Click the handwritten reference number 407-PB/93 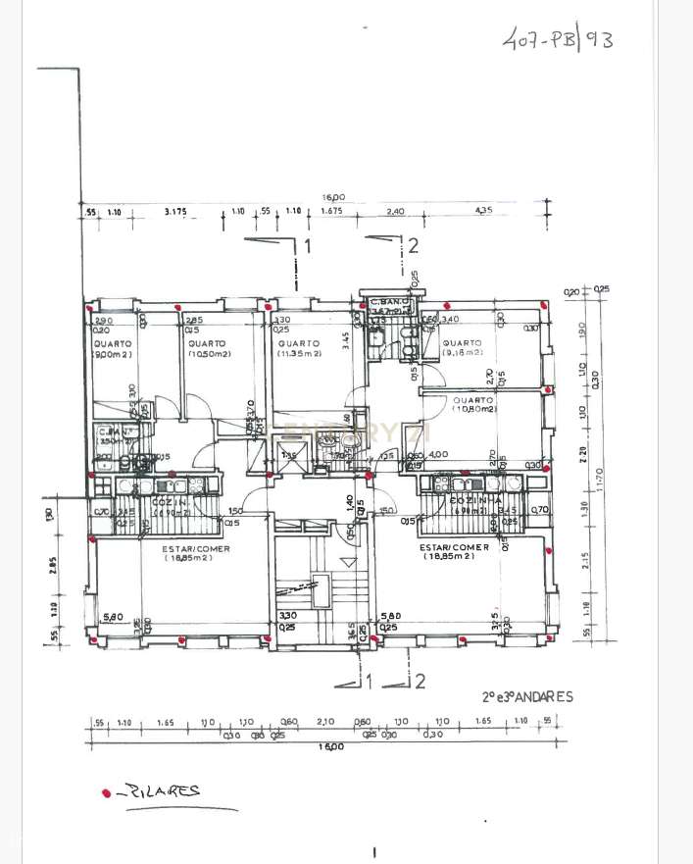click(x=557, y=41)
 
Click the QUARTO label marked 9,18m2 click(x=463, y=347)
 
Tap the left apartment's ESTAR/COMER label click(x=196, y=554)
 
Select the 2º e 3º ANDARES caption click(x=527, y=697)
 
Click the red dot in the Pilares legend click(x=106, y=792)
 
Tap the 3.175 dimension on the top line click(x=175, y=211)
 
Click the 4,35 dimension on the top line click(x=483, y=211)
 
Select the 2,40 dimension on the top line click(x=395, y=211)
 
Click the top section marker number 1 click(x=307, y=245)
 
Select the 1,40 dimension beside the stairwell click(x=349, y=501)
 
